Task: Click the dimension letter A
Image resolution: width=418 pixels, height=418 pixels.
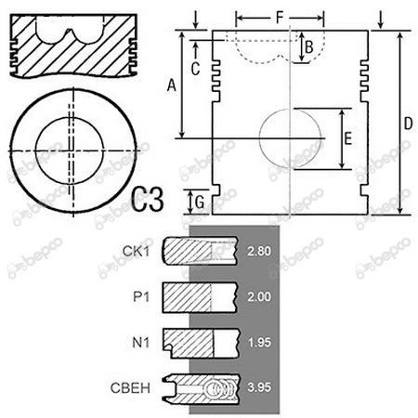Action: click(x=170, y=85)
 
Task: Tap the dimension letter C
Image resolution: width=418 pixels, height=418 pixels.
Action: click(x=195, y=67)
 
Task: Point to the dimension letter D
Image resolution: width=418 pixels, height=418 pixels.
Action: click(x=407, y=124)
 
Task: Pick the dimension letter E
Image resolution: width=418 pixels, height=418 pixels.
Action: click(x=347, y=139)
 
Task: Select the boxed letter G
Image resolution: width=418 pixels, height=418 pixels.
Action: click(x=197, y=200)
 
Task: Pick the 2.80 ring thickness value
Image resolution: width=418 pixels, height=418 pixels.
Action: click(x=260, y=252)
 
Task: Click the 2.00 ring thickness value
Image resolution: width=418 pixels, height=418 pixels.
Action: click(x=260, y=296)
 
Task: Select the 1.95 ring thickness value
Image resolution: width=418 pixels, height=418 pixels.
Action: click(x=260, y=341)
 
